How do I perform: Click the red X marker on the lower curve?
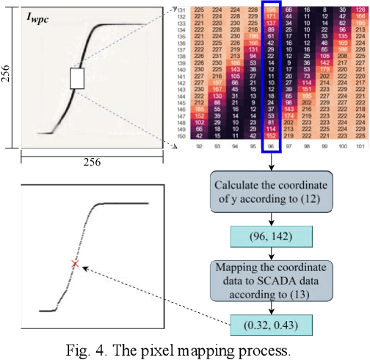click(x=74, y=263)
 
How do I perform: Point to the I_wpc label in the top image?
click(x=37, y=15)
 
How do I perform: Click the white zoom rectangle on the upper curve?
click(x=79, y=78)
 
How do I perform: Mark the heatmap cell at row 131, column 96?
click(x=272, y=10)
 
